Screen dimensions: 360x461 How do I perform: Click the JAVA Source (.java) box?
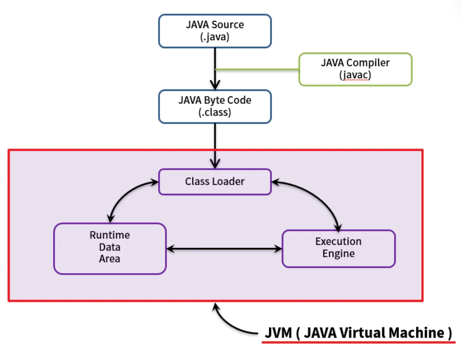[x=215, y=31]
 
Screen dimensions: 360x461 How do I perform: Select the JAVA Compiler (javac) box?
[x=355, y=69]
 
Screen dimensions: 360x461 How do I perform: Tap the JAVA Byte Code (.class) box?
[x=215, y=106]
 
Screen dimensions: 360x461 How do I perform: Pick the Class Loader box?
[x=215, y=181]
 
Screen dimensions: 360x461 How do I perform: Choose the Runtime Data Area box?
[x=110, y=248]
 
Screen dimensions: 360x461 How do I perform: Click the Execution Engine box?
[x=338, y=248]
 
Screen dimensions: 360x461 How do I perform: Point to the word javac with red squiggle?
[x=355, y=75]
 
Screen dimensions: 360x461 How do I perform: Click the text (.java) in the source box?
[x=215, y=37]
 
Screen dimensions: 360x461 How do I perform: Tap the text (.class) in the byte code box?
[x=215, y=112]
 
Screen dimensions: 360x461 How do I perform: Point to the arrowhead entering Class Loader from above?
[x=215, y=164]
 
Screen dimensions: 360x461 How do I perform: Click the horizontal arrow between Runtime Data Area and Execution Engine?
[x=224, y=249]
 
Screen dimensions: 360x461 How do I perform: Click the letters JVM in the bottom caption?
[x=278, y=333]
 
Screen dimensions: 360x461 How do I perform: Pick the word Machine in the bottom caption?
[x=416, y=333]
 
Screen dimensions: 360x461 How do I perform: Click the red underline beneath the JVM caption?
[x=358, y=342]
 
